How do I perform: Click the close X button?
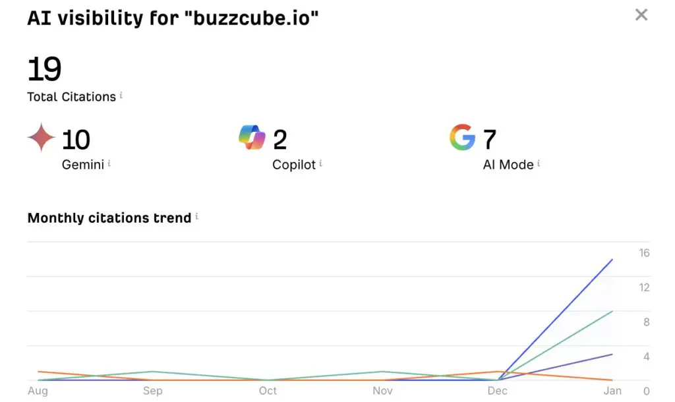point(641,14)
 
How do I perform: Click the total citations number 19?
point(44,70)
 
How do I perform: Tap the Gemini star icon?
point(41,137)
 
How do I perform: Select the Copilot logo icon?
point(252,137)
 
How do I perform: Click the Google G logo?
point(462,137)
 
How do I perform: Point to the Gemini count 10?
point(76,140)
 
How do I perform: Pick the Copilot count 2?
point(279,140)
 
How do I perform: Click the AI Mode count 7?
point(489,140)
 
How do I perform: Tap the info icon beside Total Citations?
point(121,96)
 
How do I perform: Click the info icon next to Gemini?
point(109,163)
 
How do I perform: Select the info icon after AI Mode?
point(539,163)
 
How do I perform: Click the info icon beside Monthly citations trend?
point(196,216)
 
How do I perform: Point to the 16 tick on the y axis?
point(644,253)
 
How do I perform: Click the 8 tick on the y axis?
point(647,322)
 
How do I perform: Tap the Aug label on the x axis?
point(38,391)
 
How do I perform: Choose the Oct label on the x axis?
point(268,391)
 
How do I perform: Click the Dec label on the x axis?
point(498,391)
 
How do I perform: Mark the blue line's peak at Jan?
point(613,260)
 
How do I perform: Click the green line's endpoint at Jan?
point(613,311)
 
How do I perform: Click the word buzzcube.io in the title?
point(255,19)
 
